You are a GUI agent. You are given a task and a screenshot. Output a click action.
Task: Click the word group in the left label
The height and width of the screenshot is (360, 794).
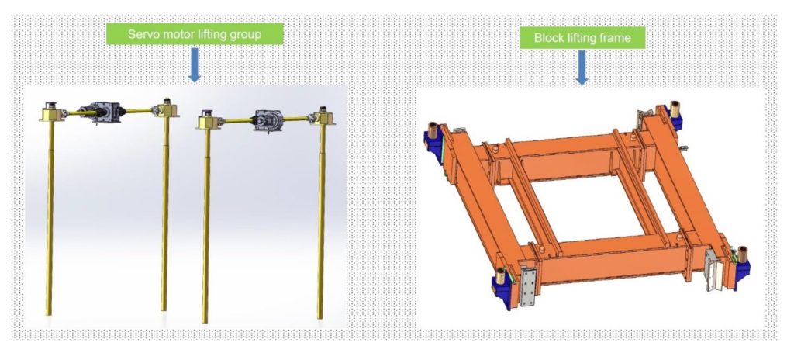(247, 35)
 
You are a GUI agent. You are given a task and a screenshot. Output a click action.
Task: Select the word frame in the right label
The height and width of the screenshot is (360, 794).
(615, 38)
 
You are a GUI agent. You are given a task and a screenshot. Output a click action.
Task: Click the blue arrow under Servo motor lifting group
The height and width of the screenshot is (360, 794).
(195, 64)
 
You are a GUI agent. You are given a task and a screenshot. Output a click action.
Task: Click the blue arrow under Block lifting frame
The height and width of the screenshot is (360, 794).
(582, 67)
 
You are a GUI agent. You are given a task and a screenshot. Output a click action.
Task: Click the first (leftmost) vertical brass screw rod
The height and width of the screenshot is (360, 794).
(50, 218)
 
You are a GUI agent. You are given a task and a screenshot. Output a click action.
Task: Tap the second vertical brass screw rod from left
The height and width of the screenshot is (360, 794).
(164, 213)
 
